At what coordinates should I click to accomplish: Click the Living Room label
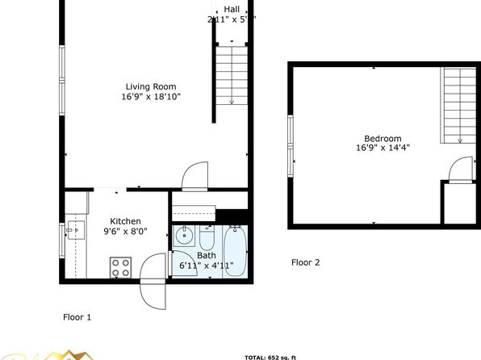pos(150,86)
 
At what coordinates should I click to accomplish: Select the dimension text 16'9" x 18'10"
pos(150,97)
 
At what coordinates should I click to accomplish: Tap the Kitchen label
pos(126,221)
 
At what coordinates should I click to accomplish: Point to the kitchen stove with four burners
pos(120,267)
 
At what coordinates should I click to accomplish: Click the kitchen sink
pos(74,231)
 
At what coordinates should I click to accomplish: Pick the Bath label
pos(206,255)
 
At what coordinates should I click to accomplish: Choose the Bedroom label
pos(383,138)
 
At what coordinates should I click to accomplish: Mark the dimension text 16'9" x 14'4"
pos(383,149)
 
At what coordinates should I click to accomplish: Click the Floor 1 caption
pos(77,317)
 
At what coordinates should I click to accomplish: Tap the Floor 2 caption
pos(305,262)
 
